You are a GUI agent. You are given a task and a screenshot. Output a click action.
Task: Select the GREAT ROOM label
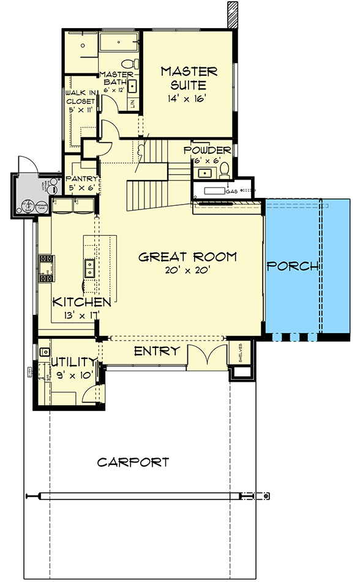coord(187,257)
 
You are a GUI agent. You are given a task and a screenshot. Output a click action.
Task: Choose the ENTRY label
coord(156,351)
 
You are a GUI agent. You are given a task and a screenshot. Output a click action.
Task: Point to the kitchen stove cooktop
coord(45,268)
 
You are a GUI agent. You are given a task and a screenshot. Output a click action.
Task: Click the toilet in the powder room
coord(225,167)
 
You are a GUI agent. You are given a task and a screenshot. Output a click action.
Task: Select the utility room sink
coord(45,353)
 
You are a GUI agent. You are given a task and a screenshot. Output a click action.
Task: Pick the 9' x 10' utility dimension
coord(74,375)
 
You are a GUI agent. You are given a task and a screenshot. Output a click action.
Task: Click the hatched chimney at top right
coord(232,14)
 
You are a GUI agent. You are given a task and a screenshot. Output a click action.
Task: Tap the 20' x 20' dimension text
coord(187,271)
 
